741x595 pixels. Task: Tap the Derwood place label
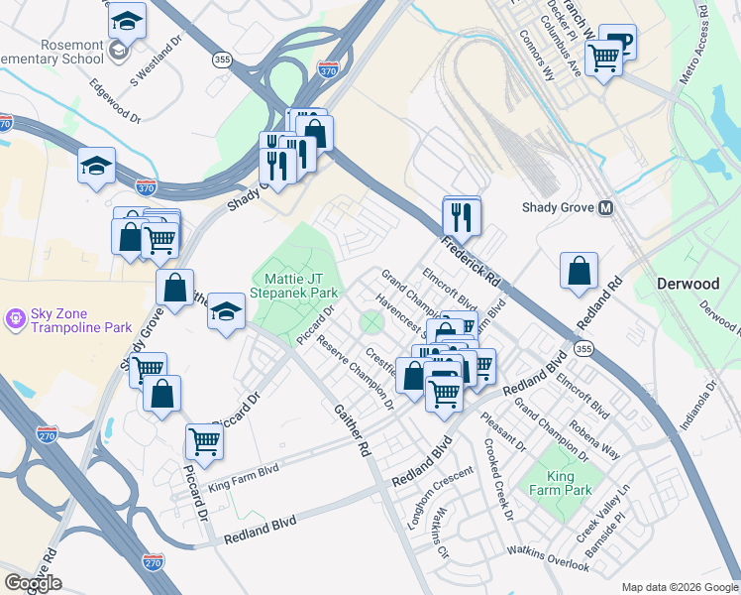[x=688, y=284]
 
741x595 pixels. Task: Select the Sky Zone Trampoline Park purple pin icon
[x=15, y=319]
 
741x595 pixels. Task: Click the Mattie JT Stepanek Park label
[x=296, y=285]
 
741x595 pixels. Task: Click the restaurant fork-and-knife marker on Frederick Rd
[x=462, y=215]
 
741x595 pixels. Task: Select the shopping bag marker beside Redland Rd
[x=579, y=271]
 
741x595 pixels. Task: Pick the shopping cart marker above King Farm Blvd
[x=203, y=441]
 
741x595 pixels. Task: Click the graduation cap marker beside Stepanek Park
[x=226, y=312]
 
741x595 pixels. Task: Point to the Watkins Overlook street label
[x=548, y=556]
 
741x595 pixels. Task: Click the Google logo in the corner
[x=33, y=583]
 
